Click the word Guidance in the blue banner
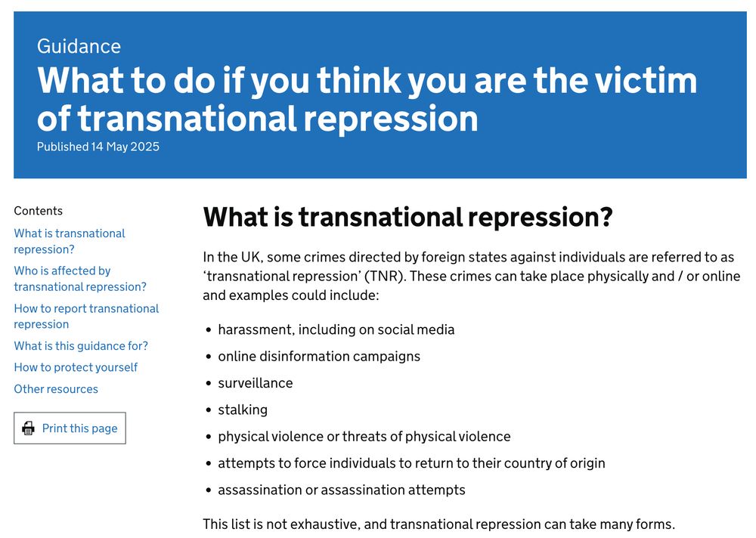pyautogui.click(x=79, y=46)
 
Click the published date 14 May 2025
pyautogui.click(x=125, y=147)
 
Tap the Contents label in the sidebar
pyautogui.click(x=38, y=211)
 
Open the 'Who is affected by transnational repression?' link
pyautogui.click(x=80, y=279)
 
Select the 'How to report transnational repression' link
pyautogui.click(x=86, y=317)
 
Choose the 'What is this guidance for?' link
pyautogui.click(x=81, y=345)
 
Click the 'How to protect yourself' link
pyautogui.click(x=76, y=367)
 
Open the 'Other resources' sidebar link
pyautogui.click(x=56, y=389)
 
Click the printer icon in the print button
pyautogui.click(x=29, y=428)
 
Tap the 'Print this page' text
pyautogui.click(x=79, y=428)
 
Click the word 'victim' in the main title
pyautogui.click(x=646, y=80)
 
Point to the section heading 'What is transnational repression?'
pyautogui.click(x=407, y=217)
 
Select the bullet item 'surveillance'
pyautogui.click(x=255, y=383)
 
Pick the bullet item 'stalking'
pyautogui.click(x=243, y=410)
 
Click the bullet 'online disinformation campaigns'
pyautogui.click(x=319, y=356)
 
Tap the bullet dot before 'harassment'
pyautogui.click(x=209, y=330)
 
